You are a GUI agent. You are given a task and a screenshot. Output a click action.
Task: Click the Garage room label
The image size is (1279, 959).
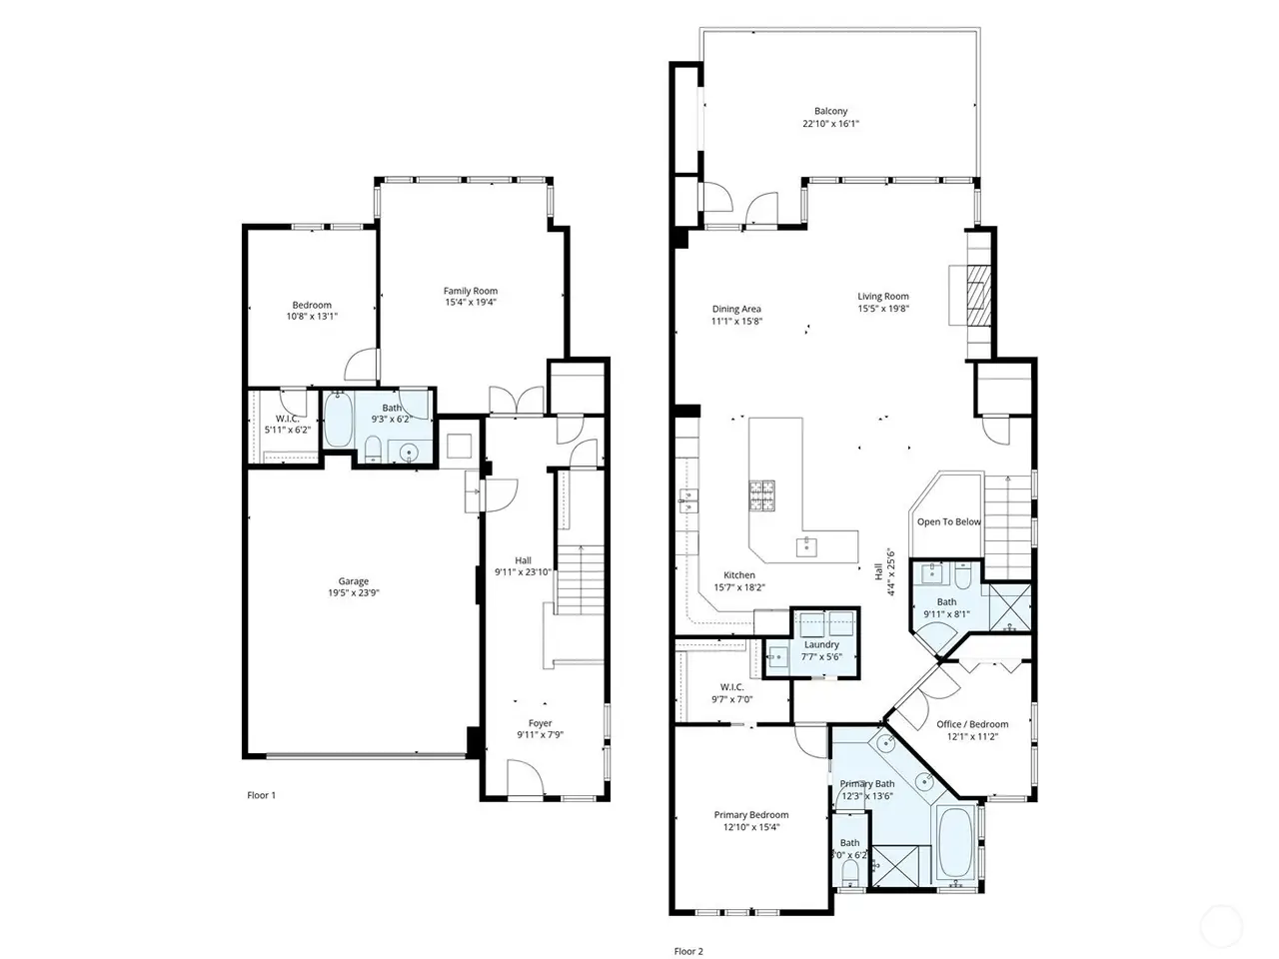[x=353, y=581]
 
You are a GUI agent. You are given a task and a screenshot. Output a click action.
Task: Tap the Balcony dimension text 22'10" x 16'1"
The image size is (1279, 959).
[x=830, y=124]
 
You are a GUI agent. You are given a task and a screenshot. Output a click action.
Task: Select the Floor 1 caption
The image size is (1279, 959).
[x=261, y=795]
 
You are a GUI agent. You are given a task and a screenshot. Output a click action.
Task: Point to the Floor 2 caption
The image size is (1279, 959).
[x=688, y=951]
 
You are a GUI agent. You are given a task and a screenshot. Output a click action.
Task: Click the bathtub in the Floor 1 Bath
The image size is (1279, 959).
[x=338, y=420]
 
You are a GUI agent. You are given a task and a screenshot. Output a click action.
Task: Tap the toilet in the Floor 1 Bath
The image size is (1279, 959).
[x=372, y=450]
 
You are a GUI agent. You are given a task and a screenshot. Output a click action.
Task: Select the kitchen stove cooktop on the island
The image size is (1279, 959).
[x=762, y=494]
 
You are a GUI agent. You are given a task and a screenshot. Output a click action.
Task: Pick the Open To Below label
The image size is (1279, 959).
[x=948, y=521]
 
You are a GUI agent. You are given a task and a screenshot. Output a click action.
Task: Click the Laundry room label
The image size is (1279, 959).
[x=821, y=644]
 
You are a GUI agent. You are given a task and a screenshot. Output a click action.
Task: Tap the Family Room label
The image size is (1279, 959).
[x=471, y=291]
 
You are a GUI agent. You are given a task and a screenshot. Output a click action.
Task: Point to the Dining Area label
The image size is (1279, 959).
[x=736, y=309]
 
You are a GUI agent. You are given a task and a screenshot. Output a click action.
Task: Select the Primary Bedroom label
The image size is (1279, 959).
[x=751, y=814]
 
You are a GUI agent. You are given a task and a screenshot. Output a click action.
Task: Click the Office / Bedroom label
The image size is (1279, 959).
[x=972, y=724]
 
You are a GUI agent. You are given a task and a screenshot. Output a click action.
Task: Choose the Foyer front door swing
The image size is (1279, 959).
[x=526, y=778]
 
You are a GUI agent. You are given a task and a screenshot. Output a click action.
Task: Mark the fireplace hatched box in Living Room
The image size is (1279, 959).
[x=978, y=296]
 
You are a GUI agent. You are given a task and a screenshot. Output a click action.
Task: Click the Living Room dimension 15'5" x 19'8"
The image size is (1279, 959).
[x=882, y=309]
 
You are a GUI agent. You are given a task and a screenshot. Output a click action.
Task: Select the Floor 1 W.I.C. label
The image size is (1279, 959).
[x=287, y=419]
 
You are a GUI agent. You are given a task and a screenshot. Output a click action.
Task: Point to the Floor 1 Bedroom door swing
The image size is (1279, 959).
[x=362, y=365]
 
